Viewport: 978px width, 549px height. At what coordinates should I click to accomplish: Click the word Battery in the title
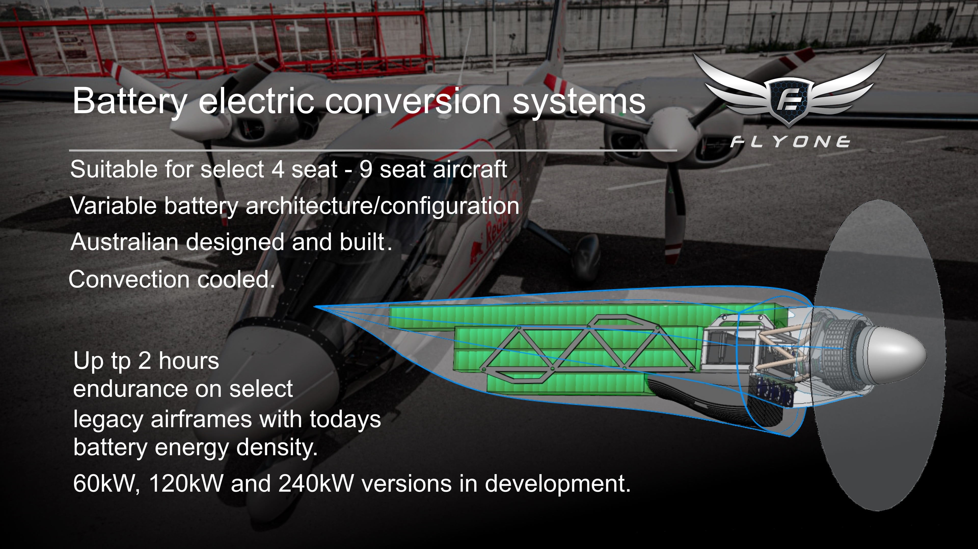129,101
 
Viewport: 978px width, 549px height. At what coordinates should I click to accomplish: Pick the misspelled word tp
120,362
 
